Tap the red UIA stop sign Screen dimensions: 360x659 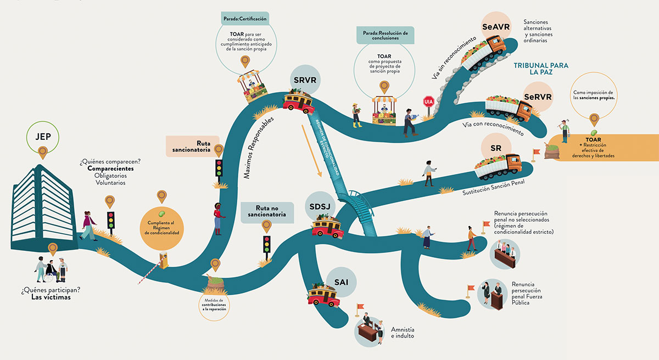[429, 102]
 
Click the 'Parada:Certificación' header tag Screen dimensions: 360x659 [245, 19]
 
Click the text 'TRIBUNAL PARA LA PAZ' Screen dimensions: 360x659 [541, 69]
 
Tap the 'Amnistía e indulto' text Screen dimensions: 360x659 [403, 333]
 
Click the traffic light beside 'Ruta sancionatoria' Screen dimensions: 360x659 [220, 167]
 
